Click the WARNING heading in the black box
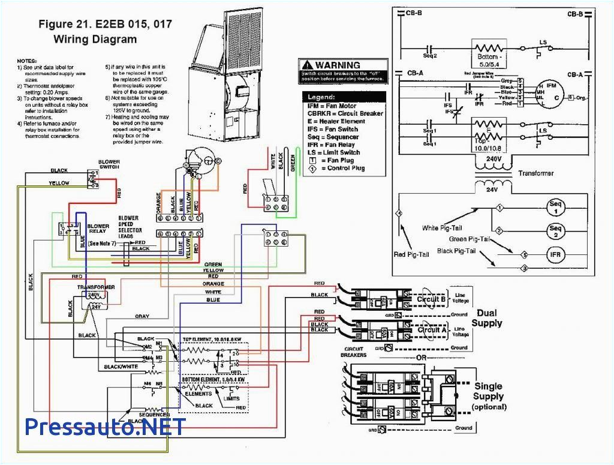coord(338,65)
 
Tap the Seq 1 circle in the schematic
coord(555,208)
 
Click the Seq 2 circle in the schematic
coord(555,231)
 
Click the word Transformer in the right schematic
coord(536,173)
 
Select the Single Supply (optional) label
coord(488,396)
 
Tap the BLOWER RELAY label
coord(99,229)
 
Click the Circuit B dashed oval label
coord(431,298)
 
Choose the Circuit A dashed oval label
coord(431,329)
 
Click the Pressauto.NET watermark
coord(106,427)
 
